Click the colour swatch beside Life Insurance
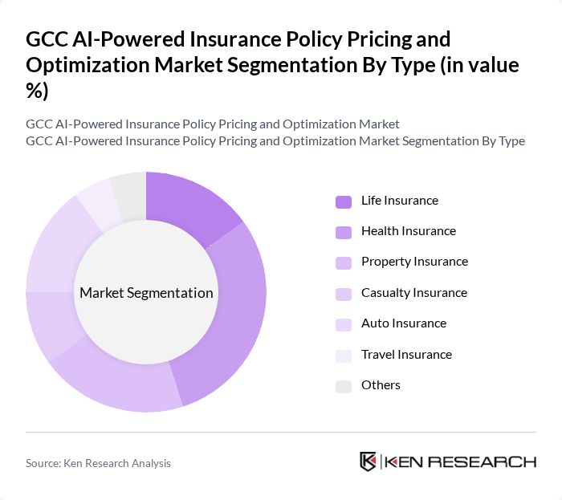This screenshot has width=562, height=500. [x=344, y=201]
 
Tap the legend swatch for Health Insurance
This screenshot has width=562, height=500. [x=344, y=232]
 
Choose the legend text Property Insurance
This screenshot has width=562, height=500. [x=414, y=262]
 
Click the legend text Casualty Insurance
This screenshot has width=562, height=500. [x=413, y=293]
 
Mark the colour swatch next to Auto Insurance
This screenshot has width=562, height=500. [x=344, y=324]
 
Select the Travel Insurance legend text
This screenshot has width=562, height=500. [x=406, y=354]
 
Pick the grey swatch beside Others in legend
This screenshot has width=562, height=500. [x=344, y=386]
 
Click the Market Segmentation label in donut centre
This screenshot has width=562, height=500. [x=146, y=293]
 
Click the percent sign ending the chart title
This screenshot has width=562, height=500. [x=37, y=91]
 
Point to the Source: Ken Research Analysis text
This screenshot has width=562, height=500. [x=98, y=463]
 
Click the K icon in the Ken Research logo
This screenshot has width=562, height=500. [x=369, y=461]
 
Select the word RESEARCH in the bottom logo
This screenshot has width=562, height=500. [x=492, y=461]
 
